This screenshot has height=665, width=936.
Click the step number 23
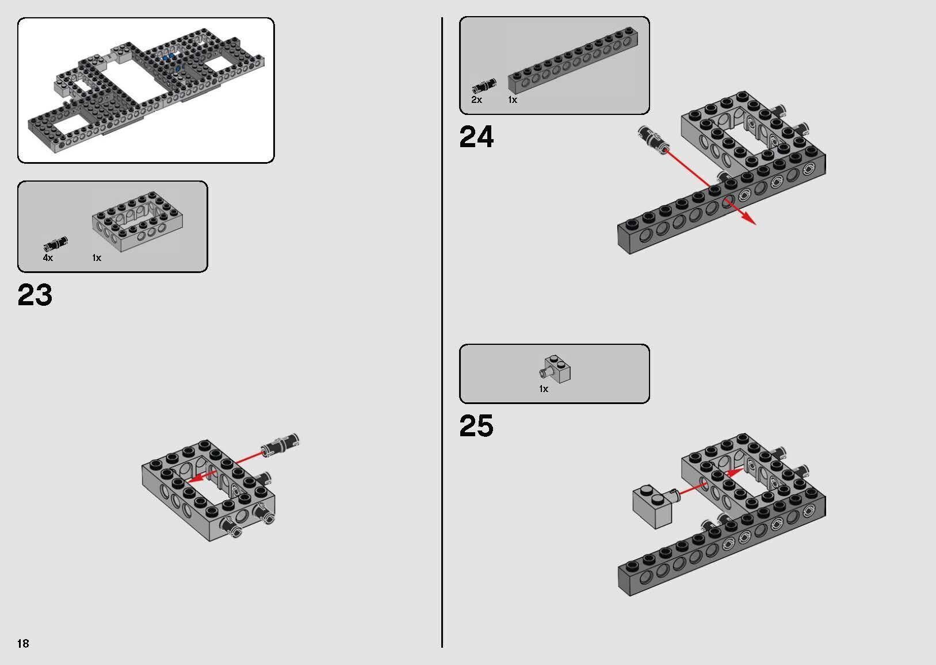tap(35, 295)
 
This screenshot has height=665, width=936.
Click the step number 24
tap(476, 137)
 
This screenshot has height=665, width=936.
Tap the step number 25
tap(476, 426)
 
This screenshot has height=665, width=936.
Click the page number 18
tap(23, 643)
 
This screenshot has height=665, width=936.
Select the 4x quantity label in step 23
tap(48, 258)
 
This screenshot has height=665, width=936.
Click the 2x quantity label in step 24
tap(476, 100)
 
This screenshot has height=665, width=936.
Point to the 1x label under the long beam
tap(513, 100)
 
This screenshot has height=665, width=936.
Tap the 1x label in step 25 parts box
tap(544, 389)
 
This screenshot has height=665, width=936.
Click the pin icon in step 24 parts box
tap(484, 86)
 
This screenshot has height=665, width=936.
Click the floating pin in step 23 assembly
tap(281, 445)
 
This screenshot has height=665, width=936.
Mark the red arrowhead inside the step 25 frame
tap(732, 473)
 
